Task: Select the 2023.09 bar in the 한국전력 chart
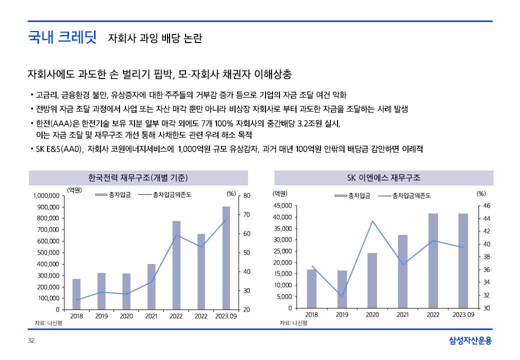point(226,258)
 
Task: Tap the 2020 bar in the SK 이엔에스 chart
point(372,280)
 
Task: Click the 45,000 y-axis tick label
point(282,205)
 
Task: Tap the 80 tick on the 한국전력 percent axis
point(246,196)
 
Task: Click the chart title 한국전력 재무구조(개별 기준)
point(138,178)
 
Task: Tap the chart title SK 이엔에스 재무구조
point(383,178)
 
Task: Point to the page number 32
point(31,341)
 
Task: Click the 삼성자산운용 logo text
point(470,341)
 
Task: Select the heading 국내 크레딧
point(62,38)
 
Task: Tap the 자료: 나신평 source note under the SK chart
point(293,323)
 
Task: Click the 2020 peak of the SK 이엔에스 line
point(372,221)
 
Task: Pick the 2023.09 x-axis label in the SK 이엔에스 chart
point(463,315)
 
